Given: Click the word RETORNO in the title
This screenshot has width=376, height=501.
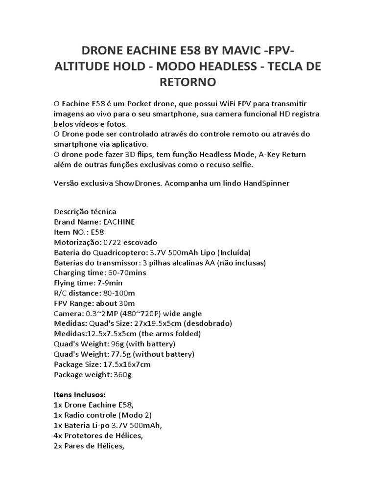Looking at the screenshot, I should (188, 82).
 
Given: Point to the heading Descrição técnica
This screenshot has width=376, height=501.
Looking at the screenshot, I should (85, 212).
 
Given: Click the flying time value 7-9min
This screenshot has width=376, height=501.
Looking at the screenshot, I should (110, 283).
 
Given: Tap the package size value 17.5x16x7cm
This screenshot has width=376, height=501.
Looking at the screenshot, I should (126, 364).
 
